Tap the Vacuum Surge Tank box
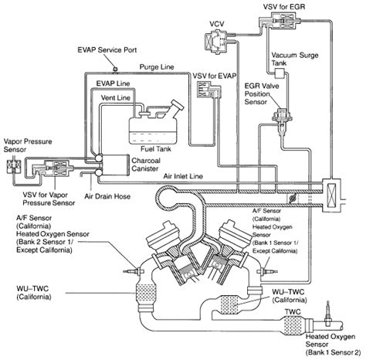279,74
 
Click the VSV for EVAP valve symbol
208,90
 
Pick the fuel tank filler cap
178,105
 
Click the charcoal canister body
115,165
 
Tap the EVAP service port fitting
116,69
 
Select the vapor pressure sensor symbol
14,167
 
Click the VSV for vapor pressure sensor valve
56,168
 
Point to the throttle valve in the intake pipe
293,199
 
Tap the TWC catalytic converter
293,325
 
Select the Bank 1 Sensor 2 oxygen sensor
327,313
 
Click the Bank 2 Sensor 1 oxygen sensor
134,271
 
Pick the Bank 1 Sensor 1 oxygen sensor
268,271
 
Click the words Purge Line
157,67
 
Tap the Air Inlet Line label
183,176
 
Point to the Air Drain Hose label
107,196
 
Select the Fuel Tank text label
156,149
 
